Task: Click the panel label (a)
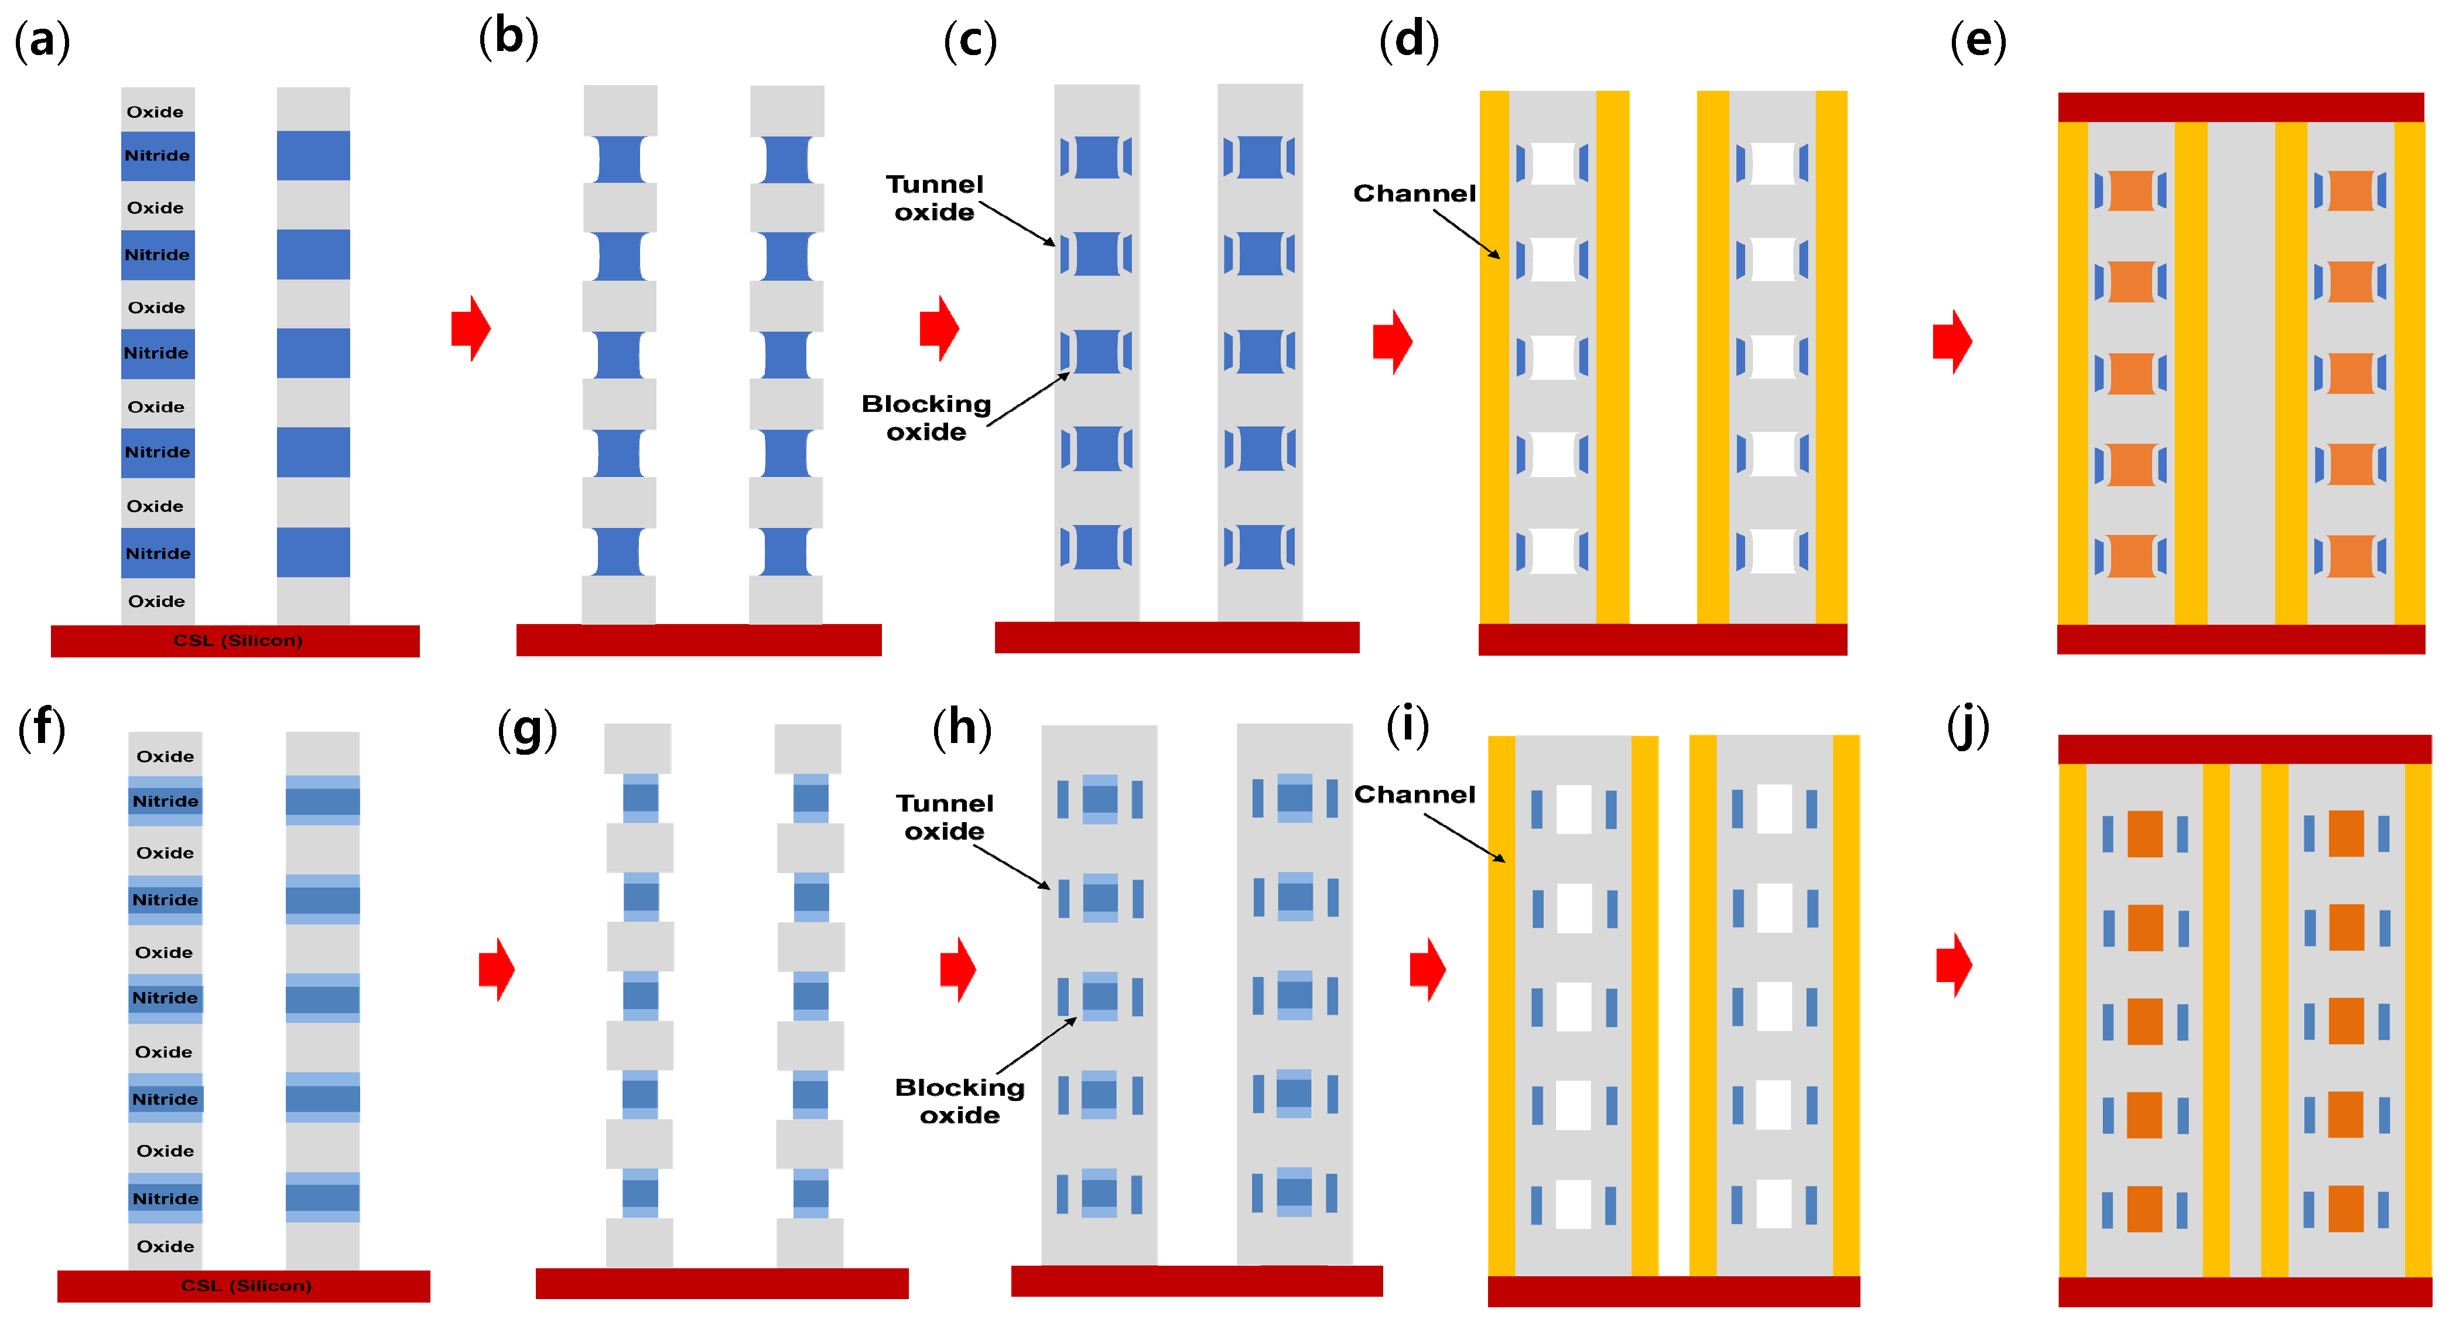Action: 42,42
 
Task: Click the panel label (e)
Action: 1978,42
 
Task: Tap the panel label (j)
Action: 1967,728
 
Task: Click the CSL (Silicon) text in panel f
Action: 245,1286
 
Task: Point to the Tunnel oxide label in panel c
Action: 935,198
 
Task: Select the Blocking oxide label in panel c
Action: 926,417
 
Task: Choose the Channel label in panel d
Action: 1414,193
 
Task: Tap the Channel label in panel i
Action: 1414,794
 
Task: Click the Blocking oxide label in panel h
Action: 959,1100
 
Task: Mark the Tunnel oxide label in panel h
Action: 944,817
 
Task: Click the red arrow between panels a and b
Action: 471,328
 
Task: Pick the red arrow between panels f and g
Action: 496,969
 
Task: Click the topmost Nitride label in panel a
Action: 157,156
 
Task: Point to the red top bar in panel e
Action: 2240,107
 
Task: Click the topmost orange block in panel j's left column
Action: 2144,834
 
